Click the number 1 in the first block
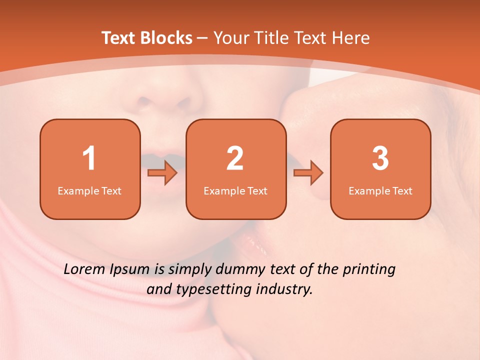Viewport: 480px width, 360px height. (89, 158)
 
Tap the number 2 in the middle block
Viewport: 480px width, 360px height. (235, 158)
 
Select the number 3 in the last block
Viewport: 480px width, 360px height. (380, 158)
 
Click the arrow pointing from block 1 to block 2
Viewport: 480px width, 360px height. (162, 173)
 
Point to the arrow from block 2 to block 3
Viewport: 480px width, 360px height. (308, 173)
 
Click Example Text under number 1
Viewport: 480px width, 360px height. (89, 190)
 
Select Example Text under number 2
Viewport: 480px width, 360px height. (235, 190)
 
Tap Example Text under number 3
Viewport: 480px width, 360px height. (380, 190)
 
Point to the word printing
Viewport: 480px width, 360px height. (369, 270)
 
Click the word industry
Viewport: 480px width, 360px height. (285, 289)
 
